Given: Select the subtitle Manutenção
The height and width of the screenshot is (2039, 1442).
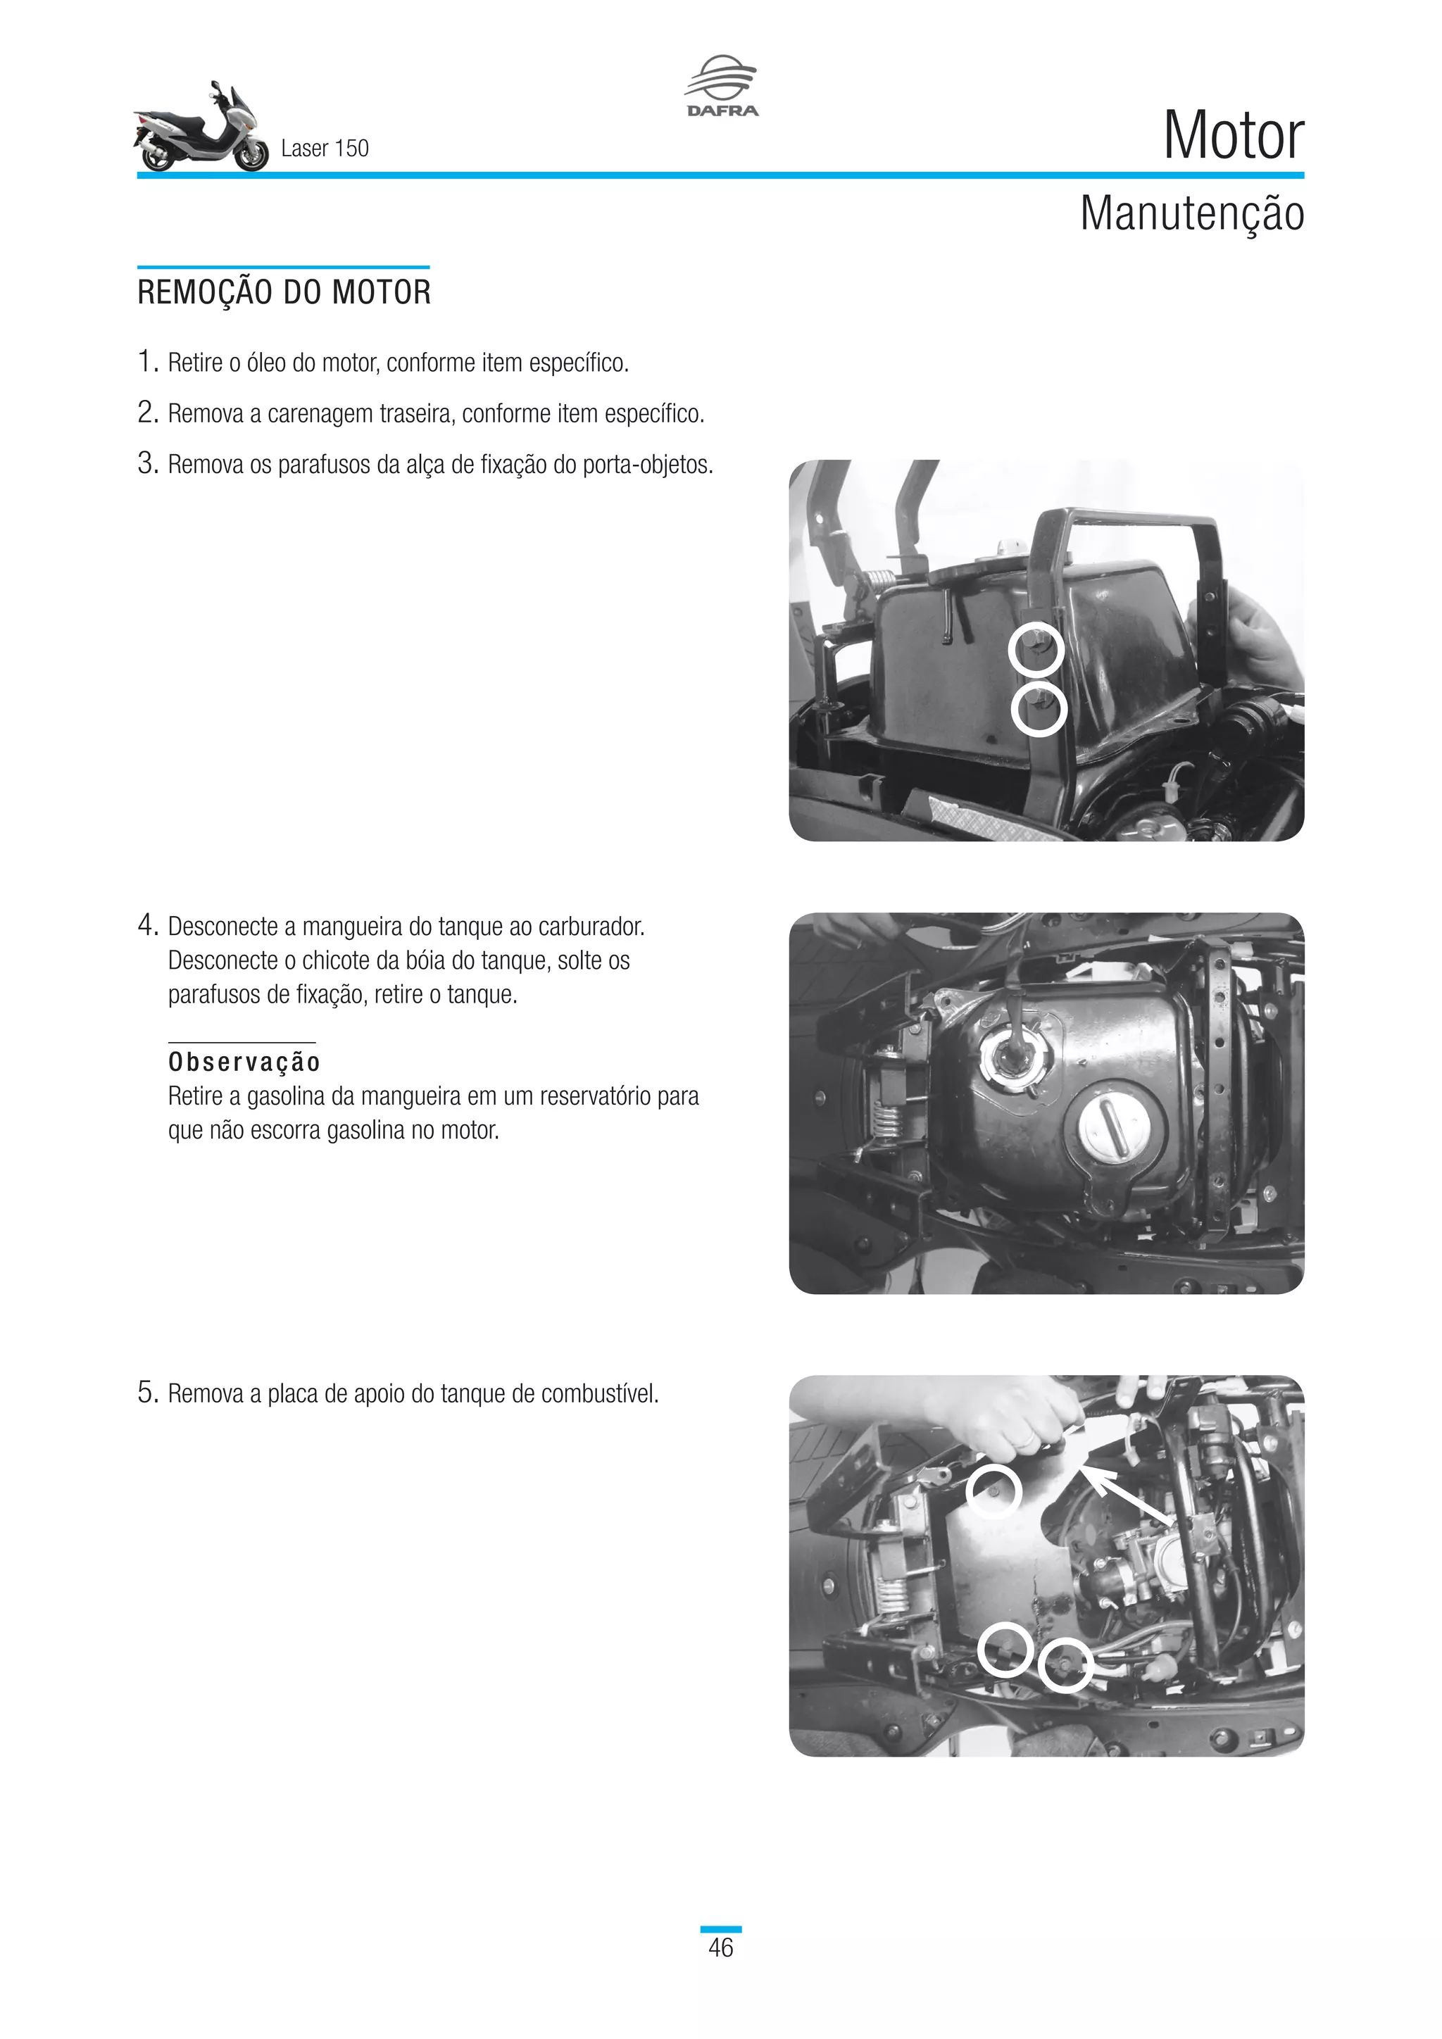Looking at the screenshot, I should [x=1191, y=214].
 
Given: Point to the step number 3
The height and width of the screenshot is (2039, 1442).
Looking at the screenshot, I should [x=147, y=463].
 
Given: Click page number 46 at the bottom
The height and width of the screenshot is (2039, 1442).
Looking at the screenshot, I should [x=720, y=1947].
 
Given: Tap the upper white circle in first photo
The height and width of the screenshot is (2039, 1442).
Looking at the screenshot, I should [x=1036, y=650].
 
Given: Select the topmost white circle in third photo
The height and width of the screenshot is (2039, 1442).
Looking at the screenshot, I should [x=993, y=1491].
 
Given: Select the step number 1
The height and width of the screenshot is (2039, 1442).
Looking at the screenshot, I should [x=147, y=363].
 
